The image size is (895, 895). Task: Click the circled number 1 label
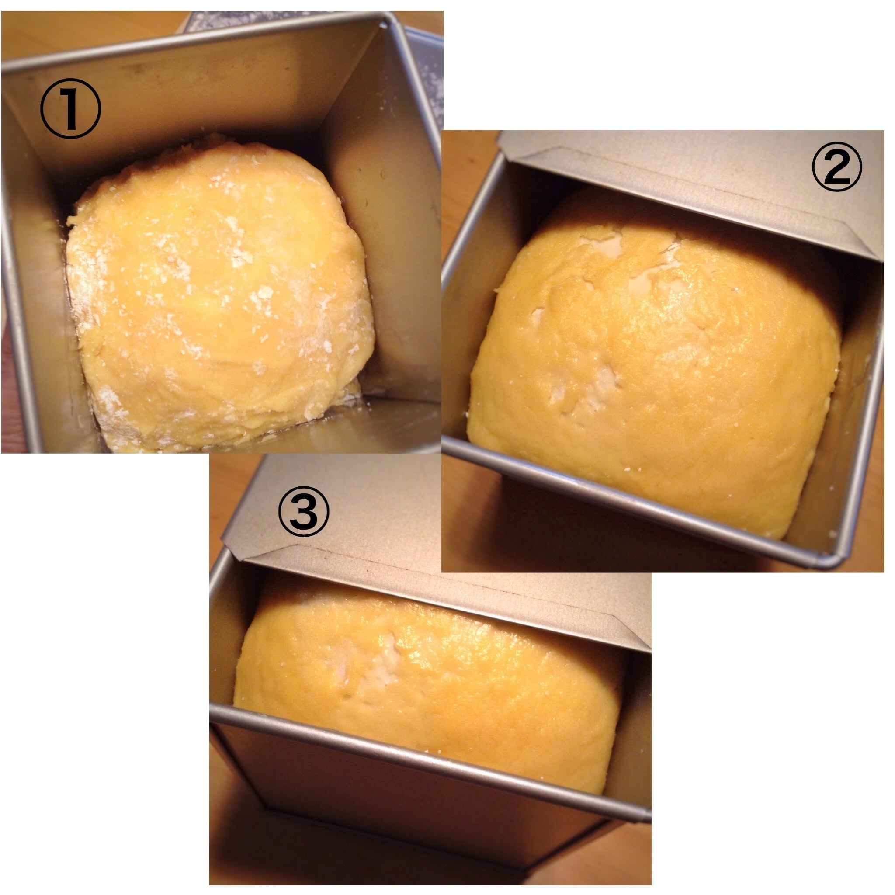click(70, 109)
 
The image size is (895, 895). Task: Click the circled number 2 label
click(836, 168)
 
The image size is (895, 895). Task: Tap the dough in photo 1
click(218, 296)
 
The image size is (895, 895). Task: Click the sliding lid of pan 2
click(695, 185)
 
